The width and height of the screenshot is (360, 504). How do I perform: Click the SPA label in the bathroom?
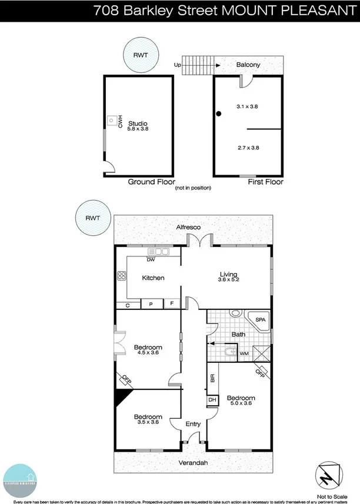[x=259, y=320]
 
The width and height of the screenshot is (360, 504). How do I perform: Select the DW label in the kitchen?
[x=151, y=259]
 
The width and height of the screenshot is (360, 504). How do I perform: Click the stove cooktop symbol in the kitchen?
[x=122, y=275]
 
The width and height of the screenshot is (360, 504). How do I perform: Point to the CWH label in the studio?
[x=119, y=122]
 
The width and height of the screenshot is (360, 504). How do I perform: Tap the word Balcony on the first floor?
[x=248, y=65]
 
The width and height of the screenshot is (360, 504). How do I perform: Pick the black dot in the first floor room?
[x=218, y=114]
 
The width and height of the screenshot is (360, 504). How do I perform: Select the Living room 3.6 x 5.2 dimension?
[x=228, y=281]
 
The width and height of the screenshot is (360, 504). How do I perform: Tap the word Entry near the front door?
[x=193, y=424]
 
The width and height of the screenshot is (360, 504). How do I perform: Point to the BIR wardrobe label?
[x=212, y=378]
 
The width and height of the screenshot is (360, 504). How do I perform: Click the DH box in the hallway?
[x=212, y=400]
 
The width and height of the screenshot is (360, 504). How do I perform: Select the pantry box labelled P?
[x=151, y=304]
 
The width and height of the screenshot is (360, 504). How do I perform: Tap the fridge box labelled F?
[x=172, y=304]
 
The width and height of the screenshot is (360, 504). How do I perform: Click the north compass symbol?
[x=326, y=473]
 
